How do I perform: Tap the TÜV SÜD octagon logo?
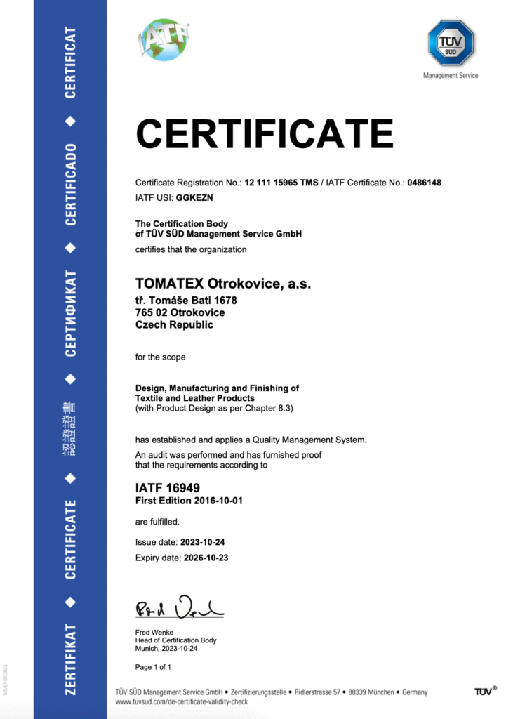tap(450, 43)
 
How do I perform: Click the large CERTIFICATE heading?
tap(264, 133)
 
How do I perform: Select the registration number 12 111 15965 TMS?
tap(281, 183)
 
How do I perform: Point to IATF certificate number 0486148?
tap(424, 183)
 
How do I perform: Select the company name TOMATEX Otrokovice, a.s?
tap(222, 284)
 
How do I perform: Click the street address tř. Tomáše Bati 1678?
tap(186, 301)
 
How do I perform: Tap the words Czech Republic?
tap(174, 324)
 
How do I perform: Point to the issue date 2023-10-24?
tap(202, 543)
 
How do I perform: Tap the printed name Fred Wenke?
tap(154, 632)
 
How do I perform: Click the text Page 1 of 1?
tap(153, 666)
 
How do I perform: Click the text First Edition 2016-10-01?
tap(189, 500)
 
